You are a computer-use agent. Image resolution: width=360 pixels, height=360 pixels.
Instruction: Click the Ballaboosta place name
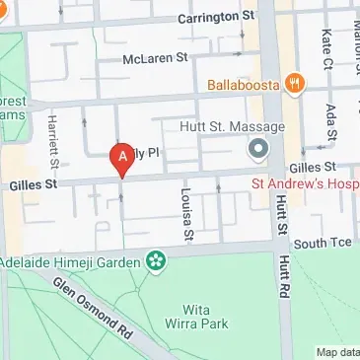point(240,85)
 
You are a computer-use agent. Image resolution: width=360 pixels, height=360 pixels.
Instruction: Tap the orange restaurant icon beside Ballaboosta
point(293,85)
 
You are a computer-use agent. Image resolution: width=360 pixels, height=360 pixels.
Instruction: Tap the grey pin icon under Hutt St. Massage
point(258,149)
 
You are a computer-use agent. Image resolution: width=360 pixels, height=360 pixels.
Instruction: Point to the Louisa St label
point(184,214)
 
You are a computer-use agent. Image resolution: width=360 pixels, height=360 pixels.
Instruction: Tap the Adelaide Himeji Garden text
point(71,262)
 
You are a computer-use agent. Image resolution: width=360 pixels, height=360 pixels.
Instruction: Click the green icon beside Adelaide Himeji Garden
point(154,261)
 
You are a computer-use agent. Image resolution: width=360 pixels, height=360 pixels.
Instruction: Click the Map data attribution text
point(337,352)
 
